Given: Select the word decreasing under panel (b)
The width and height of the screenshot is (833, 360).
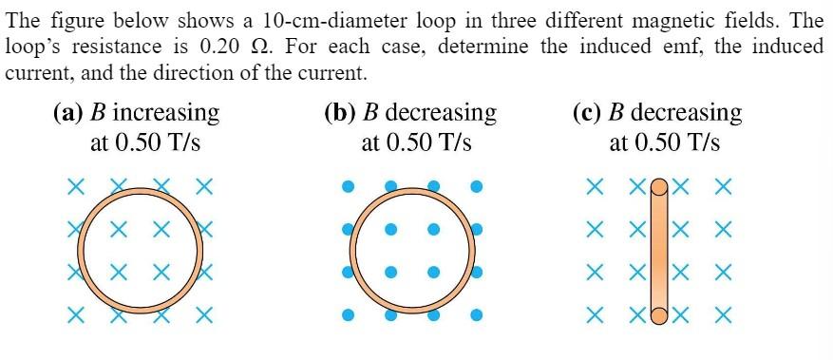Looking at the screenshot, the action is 440,113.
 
